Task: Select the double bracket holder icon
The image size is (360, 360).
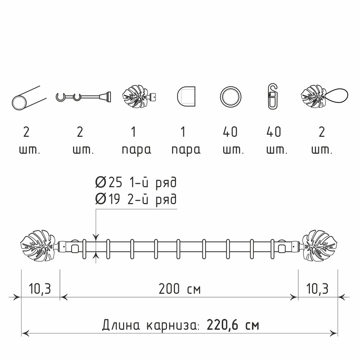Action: point(84,96)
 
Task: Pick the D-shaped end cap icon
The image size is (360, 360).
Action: point(186,96)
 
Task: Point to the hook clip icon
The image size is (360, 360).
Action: point(273,96)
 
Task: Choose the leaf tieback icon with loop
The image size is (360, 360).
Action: point(324,96)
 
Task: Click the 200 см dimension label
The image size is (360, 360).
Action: point(180,289)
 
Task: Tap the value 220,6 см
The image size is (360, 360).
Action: point(233,325)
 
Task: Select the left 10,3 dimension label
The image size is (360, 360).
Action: point(40,289)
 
